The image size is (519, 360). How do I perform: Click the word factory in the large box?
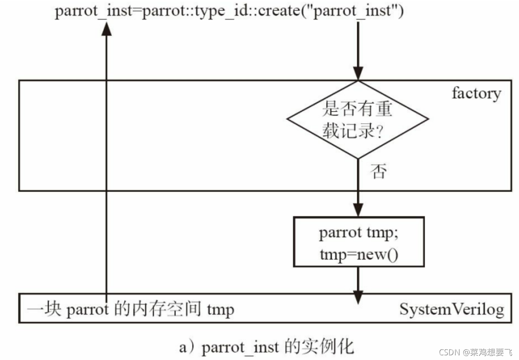[x=476, y=93]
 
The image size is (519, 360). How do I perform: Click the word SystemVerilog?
[x=451, y=309]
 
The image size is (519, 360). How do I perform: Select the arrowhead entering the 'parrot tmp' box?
[x=358, y=210]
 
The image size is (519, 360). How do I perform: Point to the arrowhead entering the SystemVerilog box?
[x=358, y=296]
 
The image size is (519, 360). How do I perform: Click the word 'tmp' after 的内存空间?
[x=221, y=309]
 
